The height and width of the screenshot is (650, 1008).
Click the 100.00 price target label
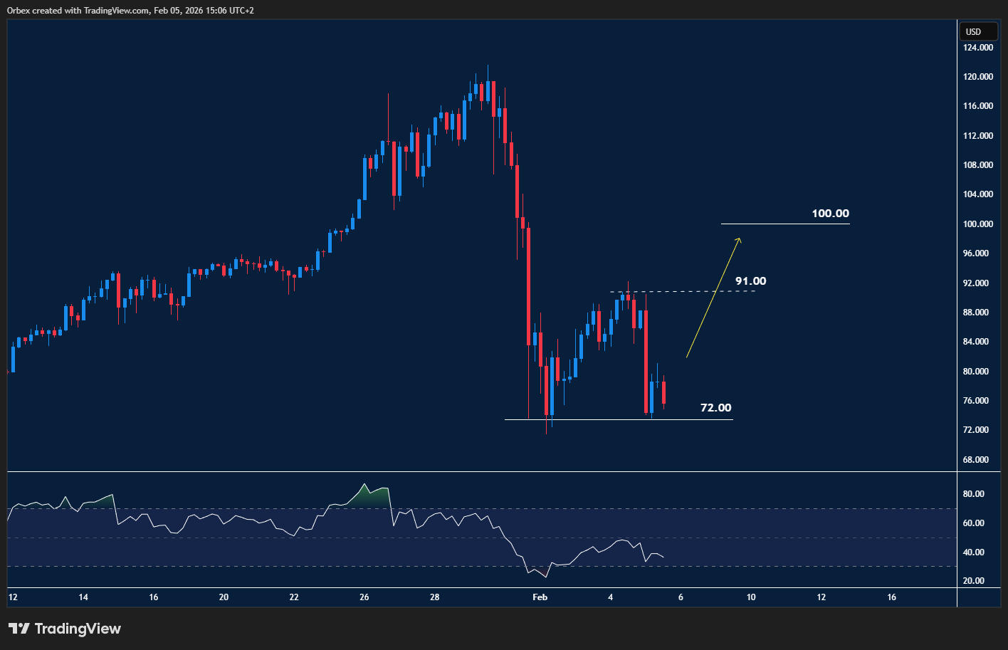click(830, 214)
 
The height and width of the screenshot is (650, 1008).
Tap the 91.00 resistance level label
click(750, 281)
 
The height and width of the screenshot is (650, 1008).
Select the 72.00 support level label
click(715, 408)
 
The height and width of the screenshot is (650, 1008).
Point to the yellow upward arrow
click(713, 298)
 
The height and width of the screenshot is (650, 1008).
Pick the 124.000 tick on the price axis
click(977, 48)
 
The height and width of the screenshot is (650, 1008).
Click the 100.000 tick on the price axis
click(977, 224)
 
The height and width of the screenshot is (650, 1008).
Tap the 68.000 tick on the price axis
click(977, 460)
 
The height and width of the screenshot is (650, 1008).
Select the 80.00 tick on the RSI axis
click(973, 494)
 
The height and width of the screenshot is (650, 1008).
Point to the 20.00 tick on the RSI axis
click(973, 581)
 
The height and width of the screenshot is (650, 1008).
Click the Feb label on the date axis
click(540, 597)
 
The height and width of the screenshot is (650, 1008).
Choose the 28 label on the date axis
click(435, 597)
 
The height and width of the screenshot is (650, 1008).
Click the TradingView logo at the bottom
click(65, 629)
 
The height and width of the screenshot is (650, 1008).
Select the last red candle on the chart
click(663, 393)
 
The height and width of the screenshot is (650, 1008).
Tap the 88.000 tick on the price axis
click(977, 313)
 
